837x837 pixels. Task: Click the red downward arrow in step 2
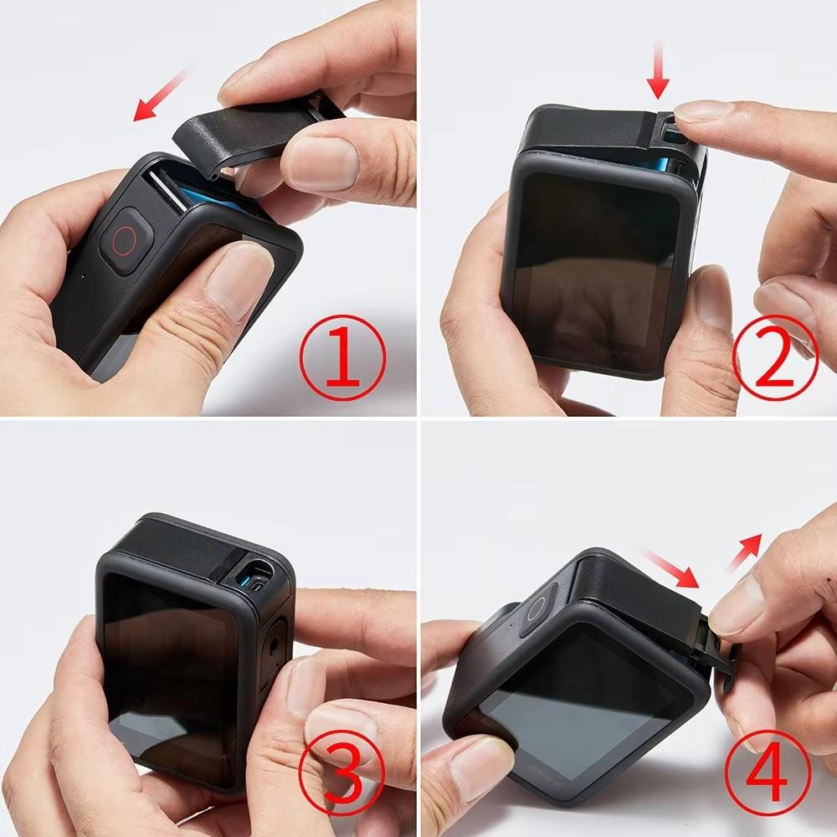pos(659,71)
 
